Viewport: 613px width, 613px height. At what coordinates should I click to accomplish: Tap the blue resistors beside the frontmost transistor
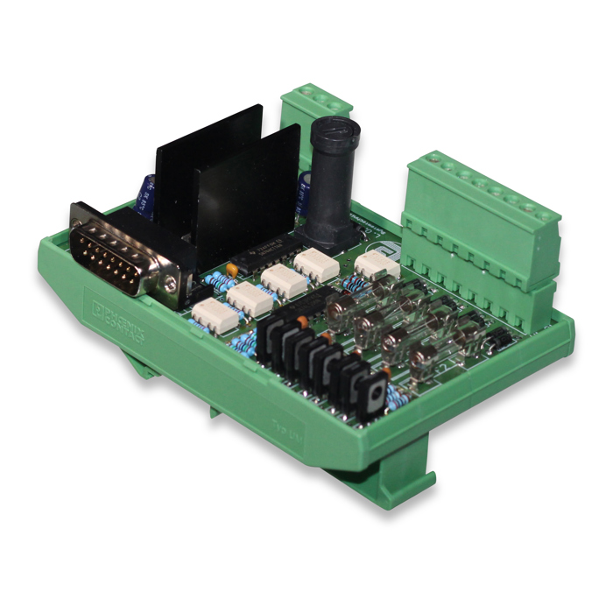(x=397, y=399)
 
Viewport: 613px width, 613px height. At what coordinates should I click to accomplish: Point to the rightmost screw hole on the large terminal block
(x=549, y=213)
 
